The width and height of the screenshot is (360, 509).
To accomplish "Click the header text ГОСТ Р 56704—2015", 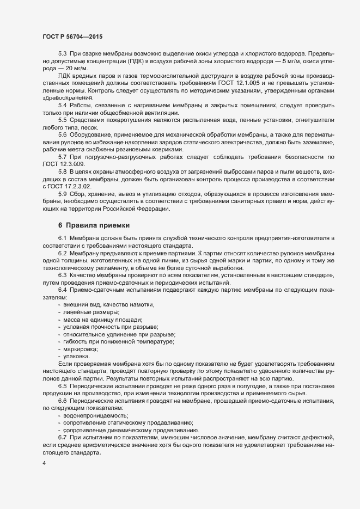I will [72, 36].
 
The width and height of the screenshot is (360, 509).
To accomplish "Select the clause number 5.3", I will [62, 53].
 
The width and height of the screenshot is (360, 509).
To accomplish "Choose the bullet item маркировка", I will [81, 348].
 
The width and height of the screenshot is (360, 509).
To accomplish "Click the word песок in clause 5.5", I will [97, 127].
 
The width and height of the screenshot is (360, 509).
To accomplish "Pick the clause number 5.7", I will [62, 156].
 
